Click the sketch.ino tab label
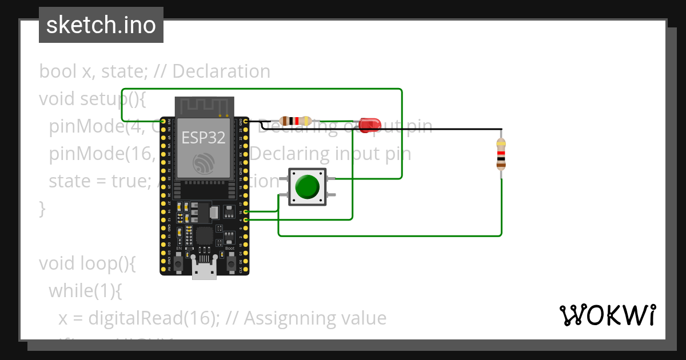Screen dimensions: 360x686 101,25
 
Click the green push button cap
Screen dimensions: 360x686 308,186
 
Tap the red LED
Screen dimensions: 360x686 366,123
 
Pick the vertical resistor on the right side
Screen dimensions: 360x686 501,154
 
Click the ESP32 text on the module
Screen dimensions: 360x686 203,137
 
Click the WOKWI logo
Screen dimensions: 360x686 607,315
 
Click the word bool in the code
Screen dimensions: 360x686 57,71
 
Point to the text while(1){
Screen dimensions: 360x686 85,291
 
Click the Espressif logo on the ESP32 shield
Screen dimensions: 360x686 204,163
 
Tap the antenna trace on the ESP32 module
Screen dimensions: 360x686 204,106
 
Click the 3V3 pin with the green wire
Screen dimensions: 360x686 164,121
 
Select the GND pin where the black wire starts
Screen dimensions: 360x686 245,121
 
